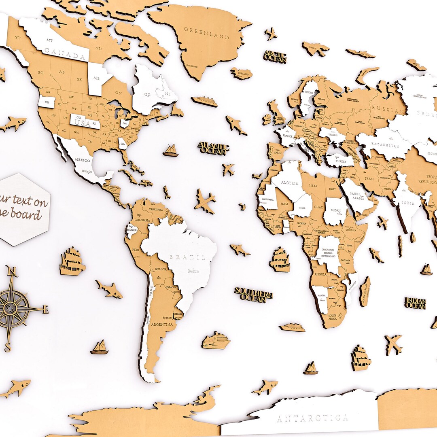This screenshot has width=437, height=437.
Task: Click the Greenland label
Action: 206,33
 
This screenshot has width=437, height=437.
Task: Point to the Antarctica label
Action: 313,418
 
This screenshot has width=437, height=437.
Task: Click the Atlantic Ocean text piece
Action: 213,148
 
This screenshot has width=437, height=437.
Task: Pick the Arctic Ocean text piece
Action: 275,57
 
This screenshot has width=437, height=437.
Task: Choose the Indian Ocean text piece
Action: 415,303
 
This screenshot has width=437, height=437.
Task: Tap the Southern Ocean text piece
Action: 254,295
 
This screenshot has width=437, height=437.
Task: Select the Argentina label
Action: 162,325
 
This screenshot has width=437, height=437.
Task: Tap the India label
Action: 408,203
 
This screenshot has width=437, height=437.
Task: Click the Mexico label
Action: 82,160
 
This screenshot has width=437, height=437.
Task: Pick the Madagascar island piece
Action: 365,291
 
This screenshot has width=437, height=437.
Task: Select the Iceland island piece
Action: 242,74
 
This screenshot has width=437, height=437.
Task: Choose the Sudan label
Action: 335,211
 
